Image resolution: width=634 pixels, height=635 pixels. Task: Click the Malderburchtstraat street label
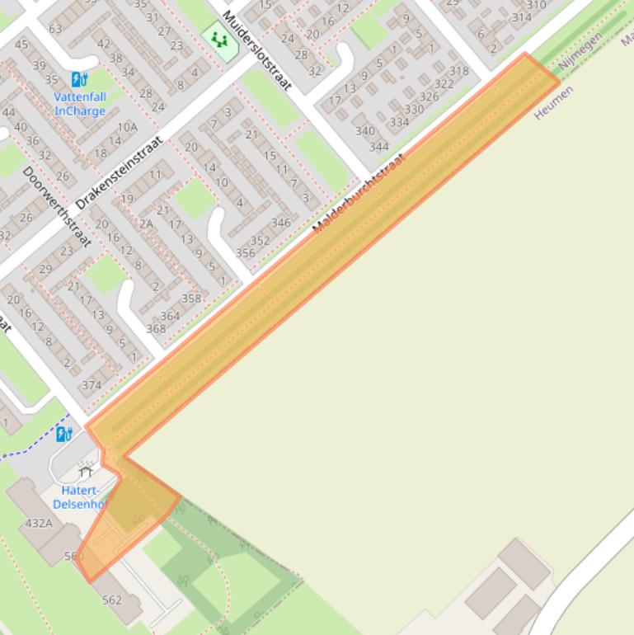point(359,193)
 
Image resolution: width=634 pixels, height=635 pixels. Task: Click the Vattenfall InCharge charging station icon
point(79,79)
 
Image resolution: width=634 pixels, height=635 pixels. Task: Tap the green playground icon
point(219,39)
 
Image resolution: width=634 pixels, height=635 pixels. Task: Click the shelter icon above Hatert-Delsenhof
point(86,473)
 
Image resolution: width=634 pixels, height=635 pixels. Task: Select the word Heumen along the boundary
point(553,102)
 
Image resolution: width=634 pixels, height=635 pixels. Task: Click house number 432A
point(39,523)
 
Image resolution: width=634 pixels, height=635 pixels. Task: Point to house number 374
point(92,385)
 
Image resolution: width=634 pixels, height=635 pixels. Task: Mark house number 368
point(156,329)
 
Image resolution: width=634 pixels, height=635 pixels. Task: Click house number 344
point(379,147)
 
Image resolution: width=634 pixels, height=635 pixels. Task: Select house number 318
point(459,71)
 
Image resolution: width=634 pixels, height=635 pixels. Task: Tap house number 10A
point(127,127)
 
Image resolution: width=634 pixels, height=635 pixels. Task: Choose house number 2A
point(146,223)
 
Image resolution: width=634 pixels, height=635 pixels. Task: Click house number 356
point(245,253)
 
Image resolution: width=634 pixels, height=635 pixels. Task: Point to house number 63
point(55,29)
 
